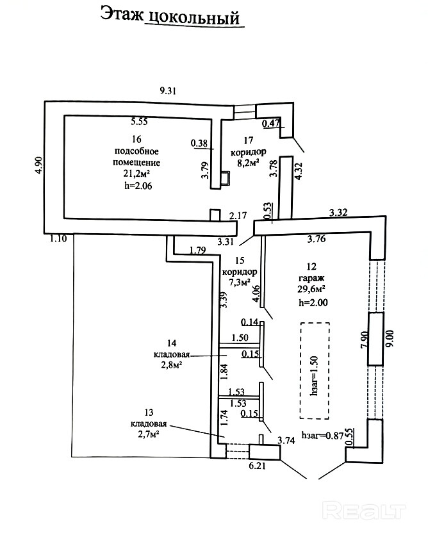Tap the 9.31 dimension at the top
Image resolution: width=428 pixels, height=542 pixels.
pyautogui.click(x=167, y=90)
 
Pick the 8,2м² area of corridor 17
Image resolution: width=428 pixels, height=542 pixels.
pyautogui.click(x=245, y=164)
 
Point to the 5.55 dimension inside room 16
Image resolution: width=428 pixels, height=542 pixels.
pyautogui.click(x=140, y=120)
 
